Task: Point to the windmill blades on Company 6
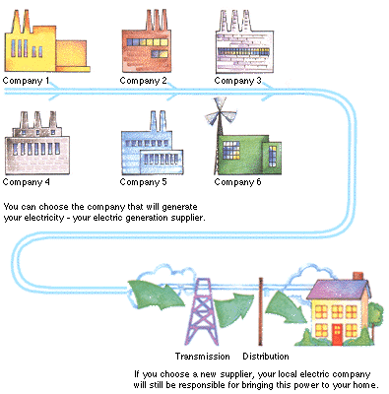(220, 120)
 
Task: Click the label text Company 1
(27, 80)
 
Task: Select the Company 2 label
(144, 80)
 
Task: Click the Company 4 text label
(27, 182)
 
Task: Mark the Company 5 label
(144, 182)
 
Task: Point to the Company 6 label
(238, 182)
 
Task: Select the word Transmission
(202, 356)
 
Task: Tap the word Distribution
(266, 356)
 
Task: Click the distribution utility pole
(261, 310)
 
